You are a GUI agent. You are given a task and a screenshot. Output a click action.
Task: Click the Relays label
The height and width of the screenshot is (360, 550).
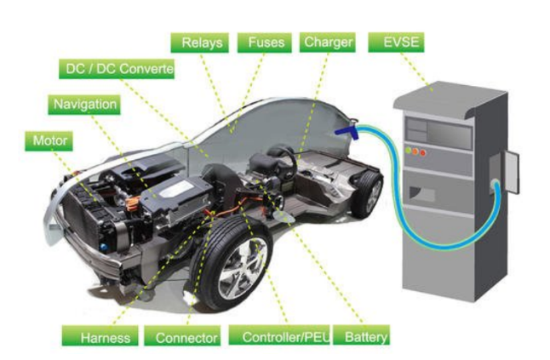(x=199, y=43)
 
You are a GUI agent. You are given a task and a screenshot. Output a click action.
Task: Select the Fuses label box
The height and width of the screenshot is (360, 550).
(x=265, y=43)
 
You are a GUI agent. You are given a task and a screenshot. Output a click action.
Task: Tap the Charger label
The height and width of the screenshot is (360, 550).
(x=327, y=43)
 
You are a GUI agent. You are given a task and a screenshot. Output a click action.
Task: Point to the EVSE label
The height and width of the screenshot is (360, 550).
(x=396, y=43)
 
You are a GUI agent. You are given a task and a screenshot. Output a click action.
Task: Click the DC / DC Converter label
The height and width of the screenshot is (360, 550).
(x=117, y=69)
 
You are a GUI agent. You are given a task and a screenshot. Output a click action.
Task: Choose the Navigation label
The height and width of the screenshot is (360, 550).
(x=84, y=105)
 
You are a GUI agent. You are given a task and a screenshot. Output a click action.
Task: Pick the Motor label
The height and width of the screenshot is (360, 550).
(x=49, y=141)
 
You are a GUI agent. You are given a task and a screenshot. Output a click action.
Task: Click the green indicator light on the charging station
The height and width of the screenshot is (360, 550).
(x=408, y=151)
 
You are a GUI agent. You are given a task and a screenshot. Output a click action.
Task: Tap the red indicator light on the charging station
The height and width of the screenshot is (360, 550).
(x=422, y=153)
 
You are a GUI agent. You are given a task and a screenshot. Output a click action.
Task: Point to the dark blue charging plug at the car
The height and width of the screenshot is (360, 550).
(x=347, y=131)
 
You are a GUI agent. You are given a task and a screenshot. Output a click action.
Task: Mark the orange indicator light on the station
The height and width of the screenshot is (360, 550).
(x=415, y=151)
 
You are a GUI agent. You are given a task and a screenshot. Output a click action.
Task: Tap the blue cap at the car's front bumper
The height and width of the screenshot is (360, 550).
(x=104, y=247)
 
